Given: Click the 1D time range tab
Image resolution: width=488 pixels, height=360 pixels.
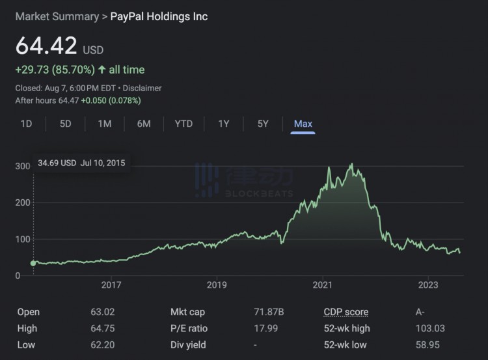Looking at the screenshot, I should [26, 124].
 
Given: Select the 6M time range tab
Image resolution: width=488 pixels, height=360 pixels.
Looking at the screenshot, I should [144, 124].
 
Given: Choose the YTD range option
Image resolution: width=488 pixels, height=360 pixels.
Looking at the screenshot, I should [183, 124].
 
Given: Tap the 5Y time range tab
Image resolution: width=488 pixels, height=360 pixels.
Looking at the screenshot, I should [263, 124].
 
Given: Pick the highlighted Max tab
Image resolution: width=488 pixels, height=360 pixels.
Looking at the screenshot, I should [303, 124].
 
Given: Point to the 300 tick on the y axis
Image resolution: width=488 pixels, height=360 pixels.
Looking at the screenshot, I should [23, 167].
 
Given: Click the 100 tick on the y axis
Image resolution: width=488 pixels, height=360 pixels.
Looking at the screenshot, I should [23, 240].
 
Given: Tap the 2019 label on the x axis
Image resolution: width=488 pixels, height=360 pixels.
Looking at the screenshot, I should [217, 285].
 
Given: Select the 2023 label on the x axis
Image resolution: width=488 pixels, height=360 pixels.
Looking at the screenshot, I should [428, 285].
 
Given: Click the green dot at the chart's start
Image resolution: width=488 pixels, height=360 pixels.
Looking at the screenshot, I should [33, 263].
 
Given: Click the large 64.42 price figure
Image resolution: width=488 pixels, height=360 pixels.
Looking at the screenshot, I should [46, 46].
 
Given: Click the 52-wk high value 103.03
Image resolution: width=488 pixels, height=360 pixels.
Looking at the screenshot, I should [429, 329].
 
